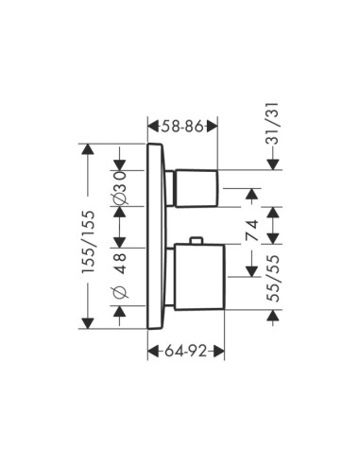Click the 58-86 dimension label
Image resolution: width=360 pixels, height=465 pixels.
183,127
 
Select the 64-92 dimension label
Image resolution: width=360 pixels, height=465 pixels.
186,351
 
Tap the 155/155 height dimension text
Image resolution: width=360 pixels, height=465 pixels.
88,242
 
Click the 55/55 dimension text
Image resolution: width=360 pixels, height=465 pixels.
273,279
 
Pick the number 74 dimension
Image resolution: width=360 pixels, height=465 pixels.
251,231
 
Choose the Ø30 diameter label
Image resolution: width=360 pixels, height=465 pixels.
120,188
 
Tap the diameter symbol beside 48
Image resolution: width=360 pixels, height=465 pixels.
120,293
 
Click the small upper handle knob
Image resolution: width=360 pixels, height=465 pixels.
197,188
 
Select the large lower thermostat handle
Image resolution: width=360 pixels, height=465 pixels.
199,277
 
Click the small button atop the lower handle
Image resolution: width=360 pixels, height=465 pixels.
197,240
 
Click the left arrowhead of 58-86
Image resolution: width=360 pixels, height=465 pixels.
153,127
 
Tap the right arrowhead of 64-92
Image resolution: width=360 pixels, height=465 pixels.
219,351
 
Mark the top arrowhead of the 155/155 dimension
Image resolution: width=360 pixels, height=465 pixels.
88,149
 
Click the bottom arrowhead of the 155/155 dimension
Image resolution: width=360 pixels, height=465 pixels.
88,323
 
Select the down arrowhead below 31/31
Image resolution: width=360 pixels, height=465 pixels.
273,164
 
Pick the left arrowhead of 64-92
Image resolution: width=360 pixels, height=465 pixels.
153,351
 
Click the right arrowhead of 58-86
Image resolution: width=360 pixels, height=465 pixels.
212,127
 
